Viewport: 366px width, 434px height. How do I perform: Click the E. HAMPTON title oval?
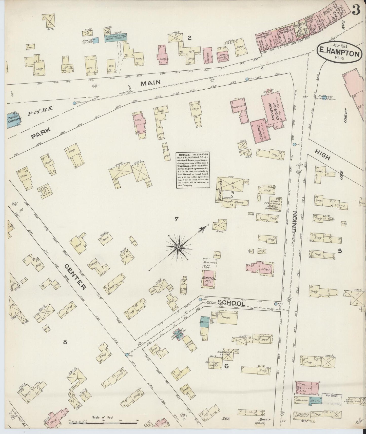339,54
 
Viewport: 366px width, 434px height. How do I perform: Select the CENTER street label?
75,277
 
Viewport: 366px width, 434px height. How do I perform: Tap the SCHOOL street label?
231,303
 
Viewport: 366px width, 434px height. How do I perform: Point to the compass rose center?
178,247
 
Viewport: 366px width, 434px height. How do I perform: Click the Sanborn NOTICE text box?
193,170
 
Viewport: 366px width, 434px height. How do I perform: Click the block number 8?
65,342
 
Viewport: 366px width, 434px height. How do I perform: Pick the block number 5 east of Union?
340,251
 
